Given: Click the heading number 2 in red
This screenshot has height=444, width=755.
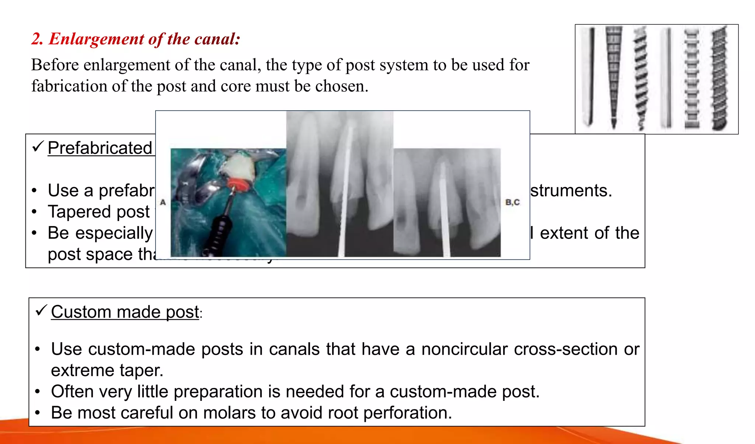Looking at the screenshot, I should click(36, 39).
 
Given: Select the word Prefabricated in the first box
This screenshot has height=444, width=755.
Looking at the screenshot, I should click(100, 148).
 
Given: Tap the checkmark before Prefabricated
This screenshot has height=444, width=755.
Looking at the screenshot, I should click(38, 146).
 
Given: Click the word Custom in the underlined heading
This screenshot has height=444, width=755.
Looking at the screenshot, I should click(81, 312).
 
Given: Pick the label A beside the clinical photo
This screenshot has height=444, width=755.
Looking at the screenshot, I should click(163, 202).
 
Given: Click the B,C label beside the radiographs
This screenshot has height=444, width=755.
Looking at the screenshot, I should click(512, 202).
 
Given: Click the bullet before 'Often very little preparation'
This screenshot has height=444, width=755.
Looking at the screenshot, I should click(37, 392).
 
